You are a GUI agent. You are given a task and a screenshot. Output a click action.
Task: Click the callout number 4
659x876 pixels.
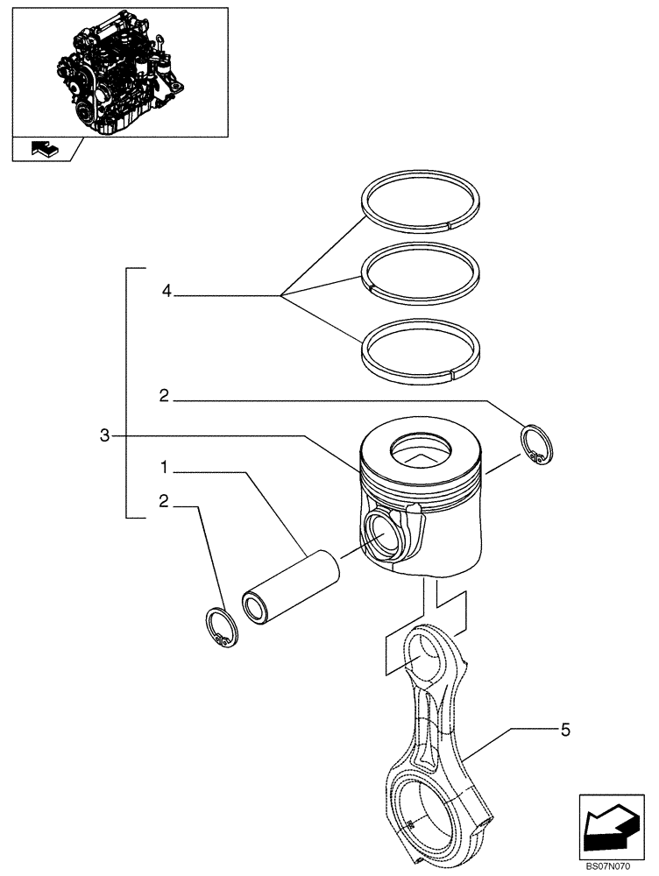coord(167,292)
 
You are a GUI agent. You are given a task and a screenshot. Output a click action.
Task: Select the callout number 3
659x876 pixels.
coord(105,435)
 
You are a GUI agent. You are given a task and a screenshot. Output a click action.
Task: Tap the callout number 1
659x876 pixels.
coord(164,466)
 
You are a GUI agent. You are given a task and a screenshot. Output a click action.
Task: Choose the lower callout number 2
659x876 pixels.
coord(164,501)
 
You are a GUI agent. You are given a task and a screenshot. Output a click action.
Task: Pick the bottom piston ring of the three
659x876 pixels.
coord(422,350)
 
